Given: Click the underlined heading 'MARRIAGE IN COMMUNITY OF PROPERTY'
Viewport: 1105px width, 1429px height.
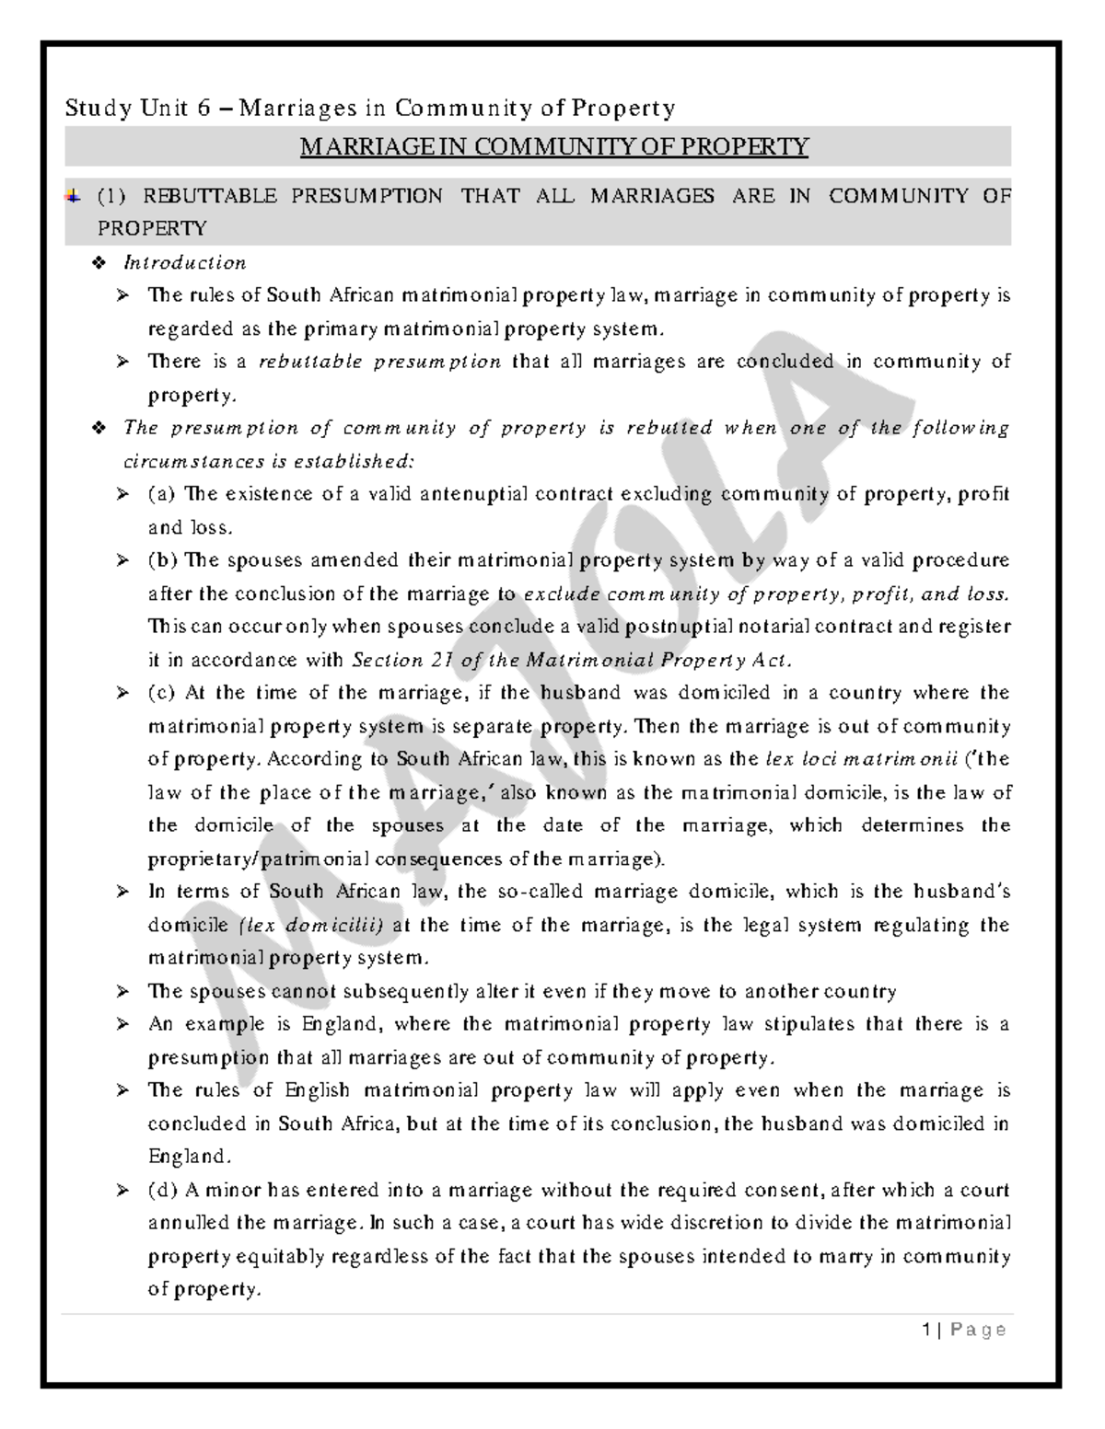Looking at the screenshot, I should tap(554, 146).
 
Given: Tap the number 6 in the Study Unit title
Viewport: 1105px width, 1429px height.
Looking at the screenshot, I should tap(203, 109).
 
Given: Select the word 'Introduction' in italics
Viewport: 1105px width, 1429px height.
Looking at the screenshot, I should tap(185, 263).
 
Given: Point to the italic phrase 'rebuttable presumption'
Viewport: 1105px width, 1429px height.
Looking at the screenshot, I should tap(379, 362).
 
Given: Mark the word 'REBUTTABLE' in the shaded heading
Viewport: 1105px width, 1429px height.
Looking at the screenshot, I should tap(209, 196).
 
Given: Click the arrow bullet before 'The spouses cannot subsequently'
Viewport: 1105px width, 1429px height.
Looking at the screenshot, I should tap(122, 992).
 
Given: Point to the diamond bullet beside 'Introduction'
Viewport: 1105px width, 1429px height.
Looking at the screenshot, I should tap(100, 264).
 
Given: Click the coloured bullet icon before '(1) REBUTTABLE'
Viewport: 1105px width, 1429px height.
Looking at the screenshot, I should tap(73, 196).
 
